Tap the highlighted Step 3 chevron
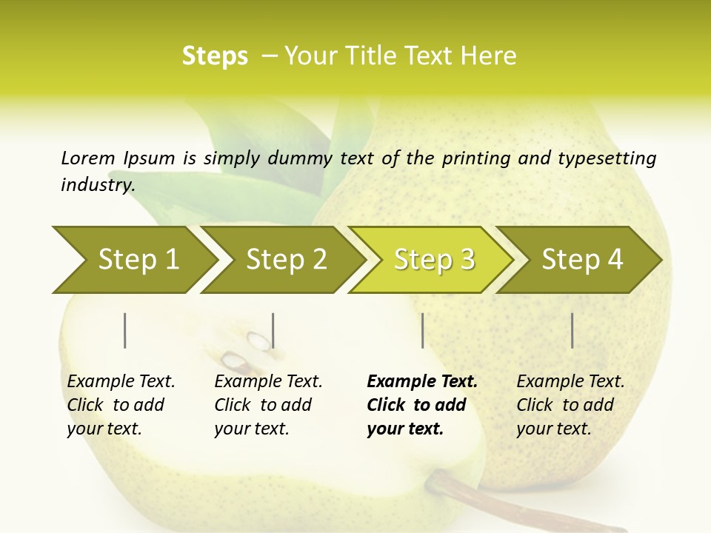tap(433, 259)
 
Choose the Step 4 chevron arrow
tap(581, 259)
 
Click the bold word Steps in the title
tap(215, 56)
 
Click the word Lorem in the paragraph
tap(87, 158)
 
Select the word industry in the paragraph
tap(97, 184)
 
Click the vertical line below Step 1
tap(125, 330)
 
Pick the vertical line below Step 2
tap(273, 330)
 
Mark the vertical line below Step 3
tap(422, 330)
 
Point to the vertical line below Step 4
tap(573, 330)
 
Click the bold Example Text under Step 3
tap(422, 382)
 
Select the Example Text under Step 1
tap(121, 382)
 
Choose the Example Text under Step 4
tap(570, 382)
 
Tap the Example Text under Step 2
tap(268, 382)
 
